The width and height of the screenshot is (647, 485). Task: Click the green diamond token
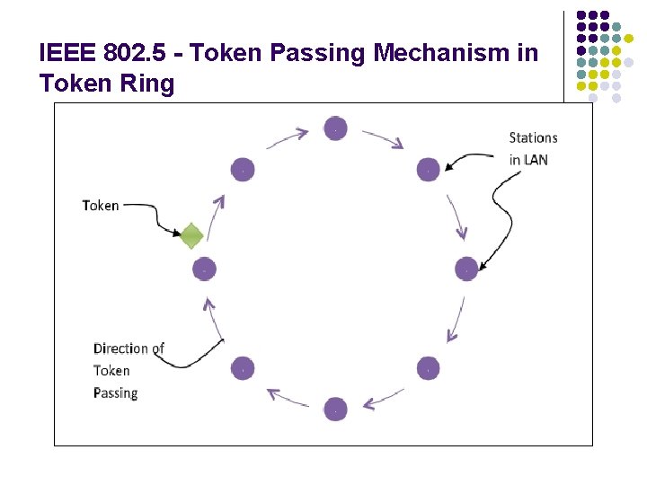point(191,236)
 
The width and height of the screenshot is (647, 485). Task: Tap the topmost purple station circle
point(335,128)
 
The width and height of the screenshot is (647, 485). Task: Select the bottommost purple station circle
point(335,409)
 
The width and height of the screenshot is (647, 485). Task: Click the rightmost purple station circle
point(466,269)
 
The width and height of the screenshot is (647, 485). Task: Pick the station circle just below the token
point(205,269)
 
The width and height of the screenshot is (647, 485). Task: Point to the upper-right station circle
point(428,169)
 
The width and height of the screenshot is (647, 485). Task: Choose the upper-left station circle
point(243,169)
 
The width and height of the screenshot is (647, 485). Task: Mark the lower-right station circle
point(428,368)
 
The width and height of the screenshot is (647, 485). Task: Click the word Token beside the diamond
point(101,206)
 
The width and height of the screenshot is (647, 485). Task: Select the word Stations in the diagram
point(533,137)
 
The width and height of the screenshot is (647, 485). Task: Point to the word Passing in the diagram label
point(115,392)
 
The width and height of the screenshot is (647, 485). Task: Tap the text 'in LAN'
point(528,160)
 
